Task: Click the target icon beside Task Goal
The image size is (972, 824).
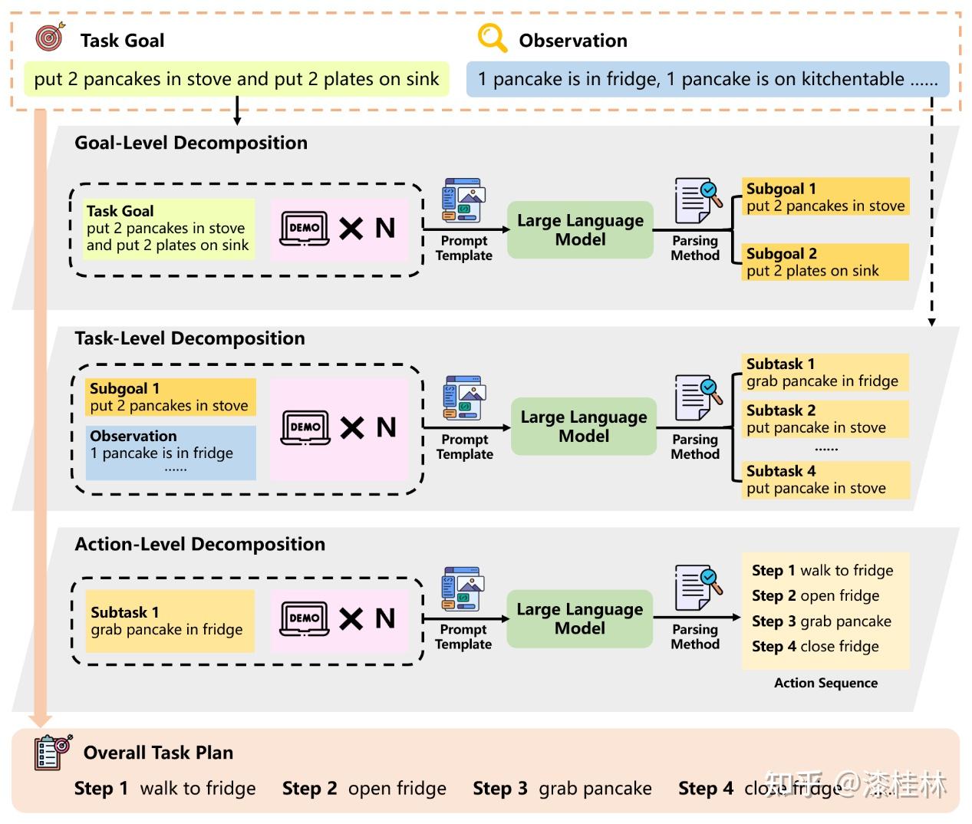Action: coord(51,36)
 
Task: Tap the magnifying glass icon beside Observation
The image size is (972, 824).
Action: coord(493,38)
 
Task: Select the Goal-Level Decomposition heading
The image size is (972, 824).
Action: coord(191,143)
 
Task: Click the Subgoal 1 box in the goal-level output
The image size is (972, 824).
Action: coord(825,196)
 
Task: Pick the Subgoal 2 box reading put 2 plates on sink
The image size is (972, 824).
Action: coord(825,262)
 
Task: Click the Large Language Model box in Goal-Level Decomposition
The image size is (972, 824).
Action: coord(580,230)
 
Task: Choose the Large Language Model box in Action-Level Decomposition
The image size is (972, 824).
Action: coord(579,618)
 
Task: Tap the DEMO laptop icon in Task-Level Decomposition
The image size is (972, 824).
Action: coord(305,428)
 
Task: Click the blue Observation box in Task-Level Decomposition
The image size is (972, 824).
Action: coord(171,453)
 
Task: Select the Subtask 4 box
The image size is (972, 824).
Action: coord(825,480)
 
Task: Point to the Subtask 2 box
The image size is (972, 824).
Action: coord(825,419)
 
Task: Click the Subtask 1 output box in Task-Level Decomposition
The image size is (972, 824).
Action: coord(825,373)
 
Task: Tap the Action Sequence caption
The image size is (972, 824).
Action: coord(825,682)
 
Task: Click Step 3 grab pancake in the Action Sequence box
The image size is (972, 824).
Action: coord(822,621)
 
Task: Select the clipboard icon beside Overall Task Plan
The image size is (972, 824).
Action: coord(54,752)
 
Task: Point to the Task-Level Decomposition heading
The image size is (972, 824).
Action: coord(189,338)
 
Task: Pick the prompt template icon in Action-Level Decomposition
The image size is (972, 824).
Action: coord(463,588)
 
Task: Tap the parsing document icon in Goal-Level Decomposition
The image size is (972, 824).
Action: coord(698,200)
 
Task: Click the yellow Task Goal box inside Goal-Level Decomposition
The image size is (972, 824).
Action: coord(169,229)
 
